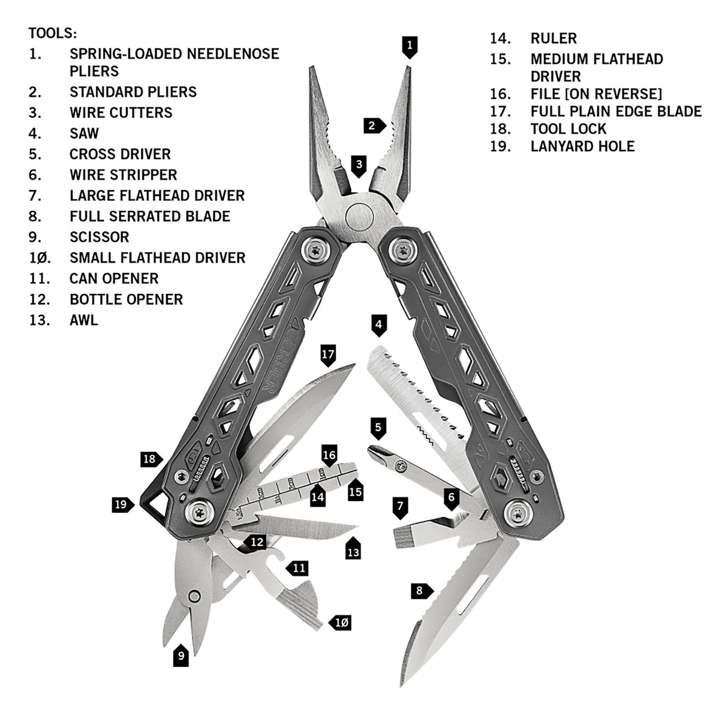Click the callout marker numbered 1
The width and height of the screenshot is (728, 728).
click(409, 46)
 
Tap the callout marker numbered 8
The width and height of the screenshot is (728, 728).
click(420, 591)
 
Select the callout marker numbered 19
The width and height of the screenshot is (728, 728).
click(122, 504)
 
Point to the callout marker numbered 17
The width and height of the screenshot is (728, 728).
click(327, 355)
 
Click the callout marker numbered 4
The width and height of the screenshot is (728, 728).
click(378, 326)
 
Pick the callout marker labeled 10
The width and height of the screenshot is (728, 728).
click(340, 622)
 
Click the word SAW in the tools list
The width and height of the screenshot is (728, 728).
click(84, 133)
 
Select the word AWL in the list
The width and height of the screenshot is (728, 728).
click(83, 320)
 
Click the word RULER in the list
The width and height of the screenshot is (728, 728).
click(553, 38)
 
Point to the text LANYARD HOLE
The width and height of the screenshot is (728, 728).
click(582, 146)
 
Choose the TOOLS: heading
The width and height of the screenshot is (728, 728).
click(53, 32)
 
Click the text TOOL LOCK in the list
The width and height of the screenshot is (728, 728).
click(568, 129)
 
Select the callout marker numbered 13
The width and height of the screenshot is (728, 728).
click(353, 550)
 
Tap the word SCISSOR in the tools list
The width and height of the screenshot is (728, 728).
click(99, 237)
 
